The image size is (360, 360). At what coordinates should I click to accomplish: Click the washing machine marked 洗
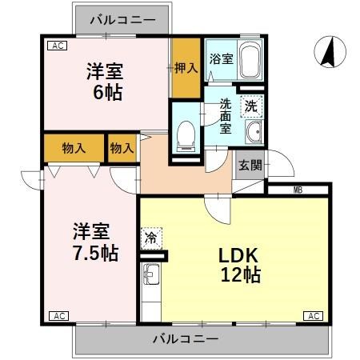(x=251, y=104)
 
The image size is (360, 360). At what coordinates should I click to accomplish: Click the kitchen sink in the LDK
(x=150, y=277)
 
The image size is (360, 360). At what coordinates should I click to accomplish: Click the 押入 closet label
(x=186, y=70)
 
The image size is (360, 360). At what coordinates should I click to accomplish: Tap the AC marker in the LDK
(x=314, y=316)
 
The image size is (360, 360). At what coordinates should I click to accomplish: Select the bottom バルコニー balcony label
(x=186, y=339)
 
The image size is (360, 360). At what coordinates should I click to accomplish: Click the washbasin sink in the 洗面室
(x=255, y=132)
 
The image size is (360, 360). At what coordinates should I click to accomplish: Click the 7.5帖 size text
(x=91, y=253)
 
